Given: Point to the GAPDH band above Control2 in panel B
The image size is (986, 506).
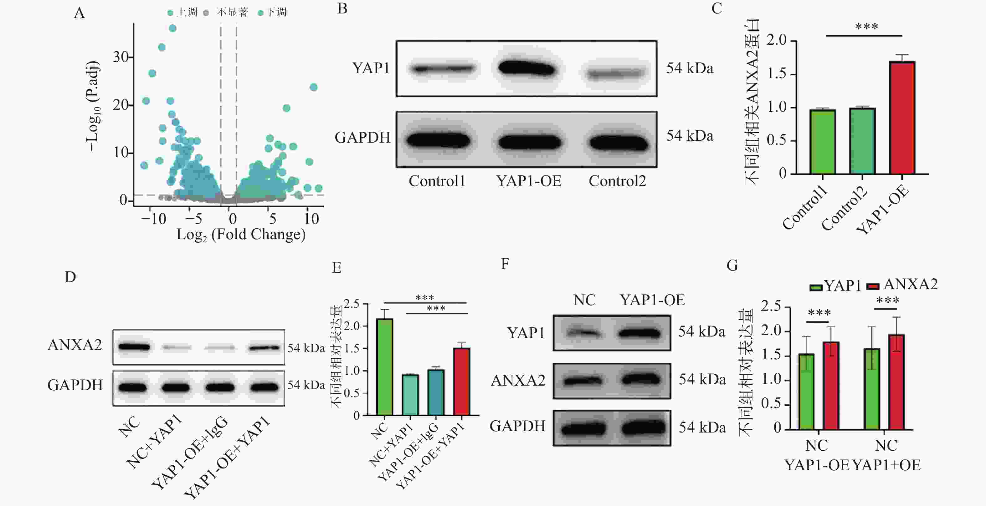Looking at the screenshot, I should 618,142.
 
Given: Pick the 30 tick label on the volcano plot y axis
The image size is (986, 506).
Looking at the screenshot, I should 120,57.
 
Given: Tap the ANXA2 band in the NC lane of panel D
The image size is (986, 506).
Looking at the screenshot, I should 134,347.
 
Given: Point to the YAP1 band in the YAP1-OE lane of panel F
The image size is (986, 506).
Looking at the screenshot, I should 639,333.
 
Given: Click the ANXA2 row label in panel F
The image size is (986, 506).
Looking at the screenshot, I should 518,381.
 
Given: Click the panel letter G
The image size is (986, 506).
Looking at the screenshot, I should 732,265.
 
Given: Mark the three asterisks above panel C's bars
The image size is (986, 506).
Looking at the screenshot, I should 866,27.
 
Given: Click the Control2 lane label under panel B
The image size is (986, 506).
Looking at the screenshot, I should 617,181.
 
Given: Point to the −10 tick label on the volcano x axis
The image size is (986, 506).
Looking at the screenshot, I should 153,219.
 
